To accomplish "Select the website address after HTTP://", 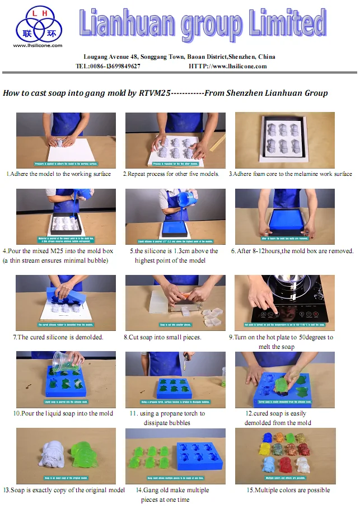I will coord(239,66).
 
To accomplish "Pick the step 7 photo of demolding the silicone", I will coord(66,302).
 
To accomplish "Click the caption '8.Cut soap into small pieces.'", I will coord(162,338).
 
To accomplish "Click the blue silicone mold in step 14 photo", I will coord(200,455).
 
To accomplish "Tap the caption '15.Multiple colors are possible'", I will coord(288,491).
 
